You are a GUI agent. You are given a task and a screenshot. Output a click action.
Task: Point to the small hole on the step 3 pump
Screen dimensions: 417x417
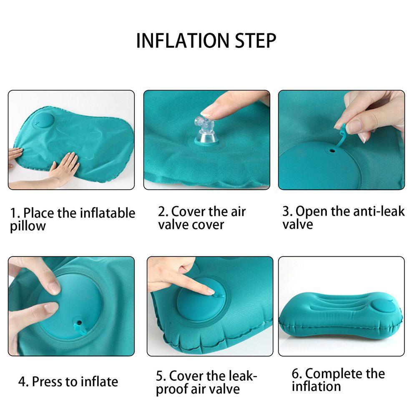pyautogui.click(x=332, y=151)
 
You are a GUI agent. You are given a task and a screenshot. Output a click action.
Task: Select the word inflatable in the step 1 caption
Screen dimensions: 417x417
pyautogui.click(x=108, y=213)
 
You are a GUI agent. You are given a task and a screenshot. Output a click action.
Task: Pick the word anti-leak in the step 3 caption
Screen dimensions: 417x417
pyautogui.click(x=377, y=211)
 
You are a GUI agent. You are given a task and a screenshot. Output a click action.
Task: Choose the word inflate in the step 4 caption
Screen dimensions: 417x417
pyautogui.click(x=100, y=382)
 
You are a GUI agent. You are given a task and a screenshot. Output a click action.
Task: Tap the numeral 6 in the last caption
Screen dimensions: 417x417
pyautogui.click(x=295, y=374)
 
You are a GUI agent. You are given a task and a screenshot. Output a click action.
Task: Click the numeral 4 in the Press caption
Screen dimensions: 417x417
pyautogui.click(x=22, y=382)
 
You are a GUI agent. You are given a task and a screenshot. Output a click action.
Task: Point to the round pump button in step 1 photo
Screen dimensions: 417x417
pyautogui.click(x=43, y=121)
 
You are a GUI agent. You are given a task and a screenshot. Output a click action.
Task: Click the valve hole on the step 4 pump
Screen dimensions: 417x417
pyautogui.click(x=79, y=323)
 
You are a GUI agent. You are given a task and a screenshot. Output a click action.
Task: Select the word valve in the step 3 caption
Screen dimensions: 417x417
pyautogui.click(x=298, y=224)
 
